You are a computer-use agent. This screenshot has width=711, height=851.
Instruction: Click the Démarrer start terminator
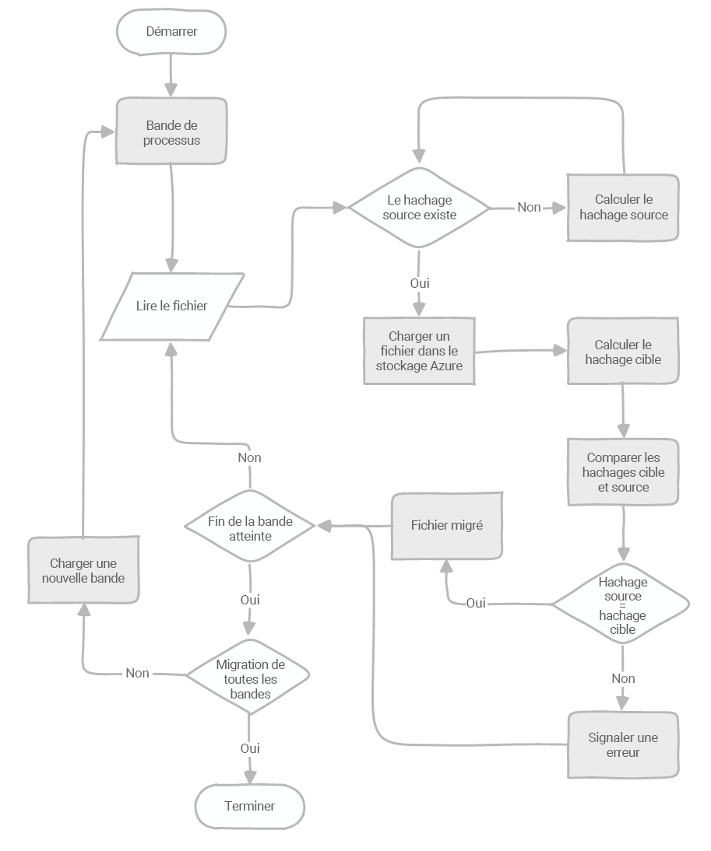click(171, 32)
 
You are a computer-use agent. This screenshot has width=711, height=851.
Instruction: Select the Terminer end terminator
click(249, 806)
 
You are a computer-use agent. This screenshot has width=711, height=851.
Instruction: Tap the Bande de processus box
click(171, 131)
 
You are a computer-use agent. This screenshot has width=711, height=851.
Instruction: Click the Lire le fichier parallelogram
click(171, 306)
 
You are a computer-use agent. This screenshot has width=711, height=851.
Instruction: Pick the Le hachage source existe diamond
click(419, 208)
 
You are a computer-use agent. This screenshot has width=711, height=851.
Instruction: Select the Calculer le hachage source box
click(623, 208)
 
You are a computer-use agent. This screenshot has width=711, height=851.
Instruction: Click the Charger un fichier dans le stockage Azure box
click(419, 351)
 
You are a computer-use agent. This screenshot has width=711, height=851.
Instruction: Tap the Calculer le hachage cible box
click(623, 352)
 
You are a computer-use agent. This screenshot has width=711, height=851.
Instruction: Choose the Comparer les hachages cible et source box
click(623, 473)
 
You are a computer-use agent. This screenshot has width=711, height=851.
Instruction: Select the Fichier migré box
click(446, 526)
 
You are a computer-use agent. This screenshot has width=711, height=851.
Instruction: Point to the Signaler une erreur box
click(623, 744)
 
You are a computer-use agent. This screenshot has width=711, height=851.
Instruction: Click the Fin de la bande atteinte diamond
click(250, 527)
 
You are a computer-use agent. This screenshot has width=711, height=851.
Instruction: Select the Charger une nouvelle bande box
click(84, 570)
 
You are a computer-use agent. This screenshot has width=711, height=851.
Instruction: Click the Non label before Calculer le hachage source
click(529, 208)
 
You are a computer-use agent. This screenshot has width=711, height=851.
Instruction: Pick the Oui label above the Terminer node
click(250, 748)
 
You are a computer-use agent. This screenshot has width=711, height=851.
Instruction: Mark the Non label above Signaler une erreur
click(623, 678)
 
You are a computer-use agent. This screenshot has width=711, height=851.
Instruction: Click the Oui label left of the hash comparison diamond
click(476, 603)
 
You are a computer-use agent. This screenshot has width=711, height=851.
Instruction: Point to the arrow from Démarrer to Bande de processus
click(171, 76)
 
